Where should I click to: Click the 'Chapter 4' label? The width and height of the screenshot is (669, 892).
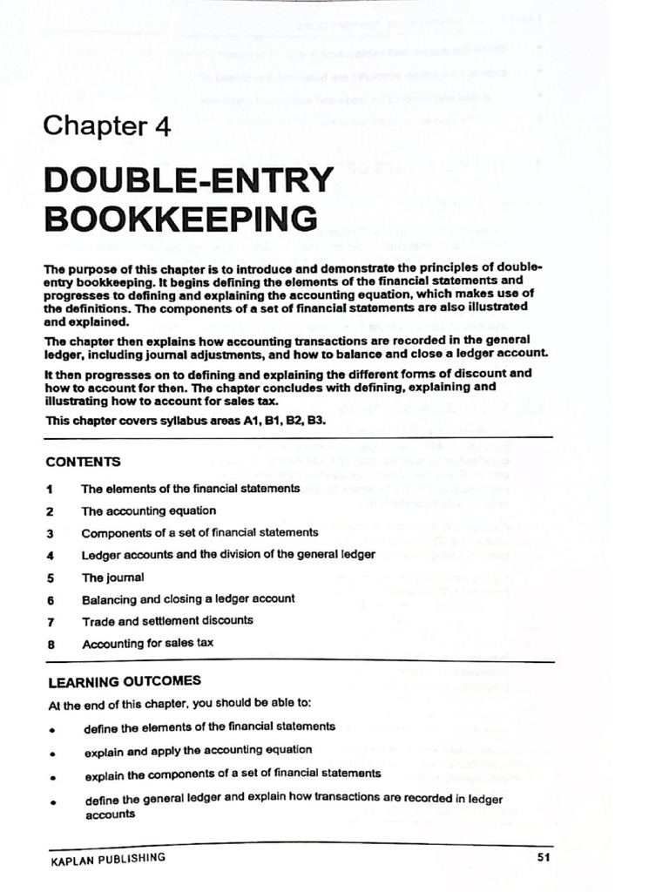pos(107,126)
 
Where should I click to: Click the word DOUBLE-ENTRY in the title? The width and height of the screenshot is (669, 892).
pos(188,180)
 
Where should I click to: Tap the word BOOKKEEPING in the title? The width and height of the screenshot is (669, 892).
pos(180,218)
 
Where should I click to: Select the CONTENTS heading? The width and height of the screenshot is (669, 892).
pos(84,462)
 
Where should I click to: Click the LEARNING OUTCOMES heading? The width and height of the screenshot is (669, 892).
pos(124,681)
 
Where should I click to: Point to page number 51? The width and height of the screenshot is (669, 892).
pos(544,858)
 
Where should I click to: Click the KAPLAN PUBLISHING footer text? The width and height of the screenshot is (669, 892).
pos(108,859)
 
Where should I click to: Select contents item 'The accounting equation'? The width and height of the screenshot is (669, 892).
pos(149,510)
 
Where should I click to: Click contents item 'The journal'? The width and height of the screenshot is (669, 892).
pos(113,577)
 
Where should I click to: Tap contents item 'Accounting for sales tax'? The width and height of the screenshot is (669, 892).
pos(147,644)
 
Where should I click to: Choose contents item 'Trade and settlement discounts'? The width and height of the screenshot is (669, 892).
pos(167,621)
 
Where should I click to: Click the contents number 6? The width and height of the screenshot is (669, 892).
pos(51,600)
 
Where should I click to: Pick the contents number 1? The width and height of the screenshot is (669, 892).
pos(51,490)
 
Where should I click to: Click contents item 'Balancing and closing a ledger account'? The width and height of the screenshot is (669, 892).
pos(188,599)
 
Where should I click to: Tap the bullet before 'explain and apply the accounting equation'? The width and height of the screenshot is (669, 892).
pos(53,752)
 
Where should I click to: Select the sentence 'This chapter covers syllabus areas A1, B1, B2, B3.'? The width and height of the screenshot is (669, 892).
pos(186,421)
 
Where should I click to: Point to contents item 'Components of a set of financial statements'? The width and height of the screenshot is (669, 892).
pos(199,532)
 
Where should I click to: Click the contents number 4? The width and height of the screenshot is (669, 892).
pos(51,555)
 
